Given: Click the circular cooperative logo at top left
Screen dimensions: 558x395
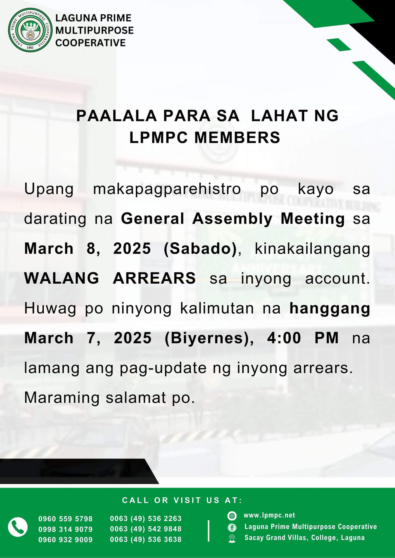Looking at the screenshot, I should (x=30, y=31).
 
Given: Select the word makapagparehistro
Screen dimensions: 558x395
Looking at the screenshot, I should (x=167, y=189).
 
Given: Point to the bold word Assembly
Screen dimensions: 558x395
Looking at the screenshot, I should (x=232, y=219).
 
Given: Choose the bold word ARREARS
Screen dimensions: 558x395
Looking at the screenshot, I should (x=154, y=278).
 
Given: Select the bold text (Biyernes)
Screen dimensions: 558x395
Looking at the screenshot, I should (x=207, y=338).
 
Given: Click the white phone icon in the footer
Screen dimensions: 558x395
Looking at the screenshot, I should (x=18, y=527).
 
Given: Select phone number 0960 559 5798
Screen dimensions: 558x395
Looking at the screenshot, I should (x=65, y=519).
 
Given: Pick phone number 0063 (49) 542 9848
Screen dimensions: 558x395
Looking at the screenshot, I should (x=146, y=529).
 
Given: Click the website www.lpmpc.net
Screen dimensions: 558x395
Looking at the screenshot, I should (x=269, y=515).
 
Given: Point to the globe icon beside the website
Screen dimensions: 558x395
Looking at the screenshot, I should (x=232, y=516).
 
